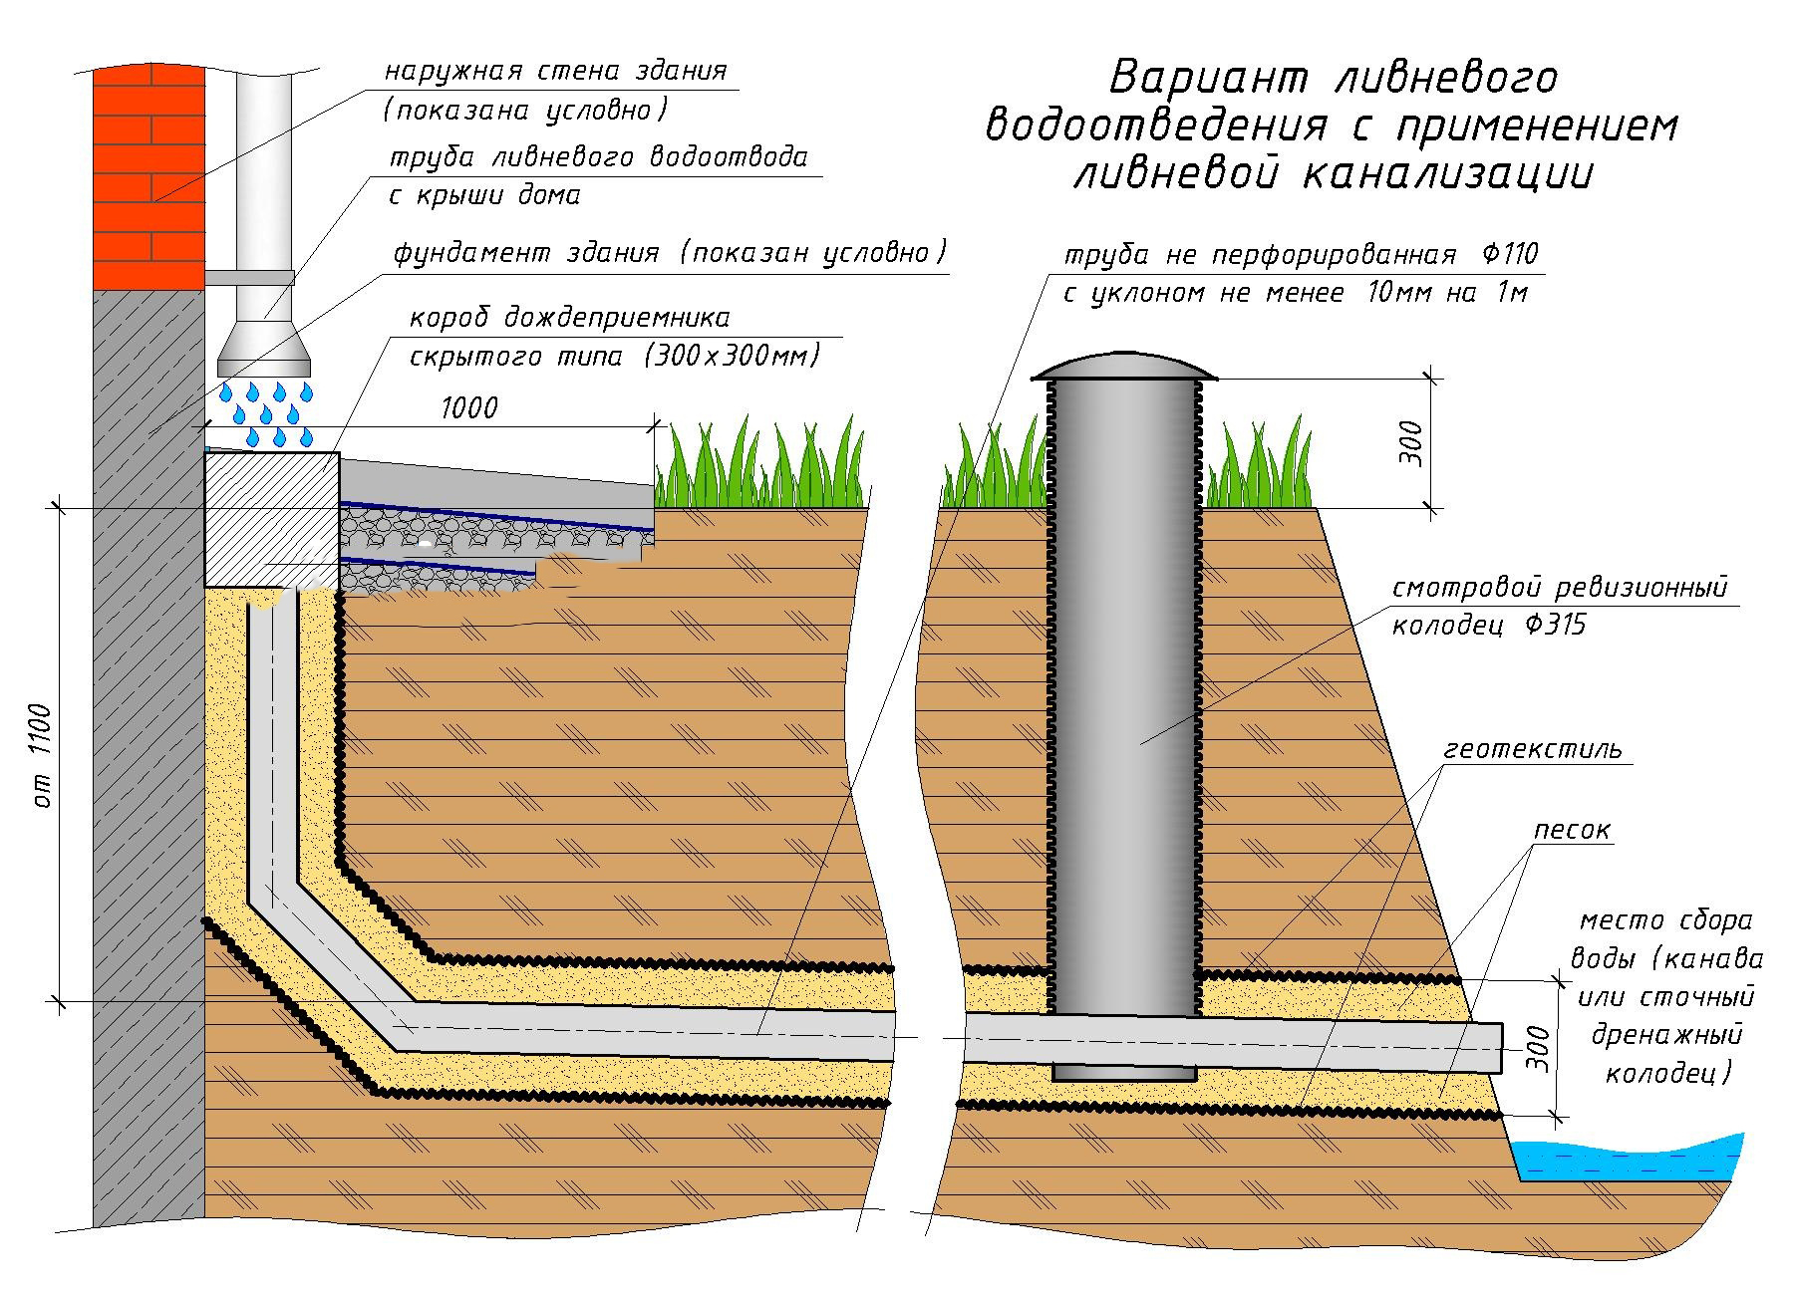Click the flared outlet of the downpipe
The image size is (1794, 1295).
265,348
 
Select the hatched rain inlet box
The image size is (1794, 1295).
271,519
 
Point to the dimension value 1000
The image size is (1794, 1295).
467,408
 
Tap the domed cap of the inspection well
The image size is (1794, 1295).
1124,366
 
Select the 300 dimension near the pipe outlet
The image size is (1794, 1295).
1539,1048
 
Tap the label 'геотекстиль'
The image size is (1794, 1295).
1534,748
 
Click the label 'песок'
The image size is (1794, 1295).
1572,830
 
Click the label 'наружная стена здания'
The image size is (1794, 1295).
556,72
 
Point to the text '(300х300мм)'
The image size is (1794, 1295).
732,356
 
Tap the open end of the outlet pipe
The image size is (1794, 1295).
1500,1049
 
